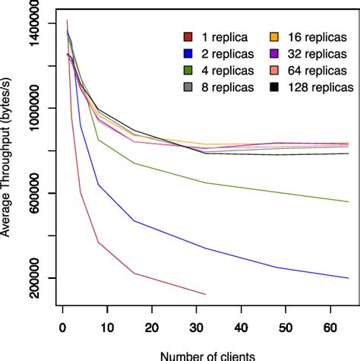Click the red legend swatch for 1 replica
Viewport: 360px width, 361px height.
point(188,37)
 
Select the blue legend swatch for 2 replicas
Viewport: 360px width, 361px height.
point(188,54)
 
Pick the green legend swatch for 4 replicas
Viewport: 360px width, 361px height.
point(188,71)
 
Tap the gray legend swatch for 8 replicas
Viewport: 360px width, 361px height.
point(188,87)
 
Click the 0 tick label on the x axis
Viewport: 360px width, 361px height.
point(62,328)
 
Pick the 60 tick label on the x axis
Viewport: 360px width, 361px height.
point(330,328)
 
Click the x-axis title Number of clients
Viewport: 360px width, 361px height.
point(202,355)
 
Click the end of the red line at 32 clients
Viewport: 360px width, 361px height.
point(205,294)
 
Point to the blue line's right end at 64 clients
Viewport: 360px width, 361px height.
point(348,278)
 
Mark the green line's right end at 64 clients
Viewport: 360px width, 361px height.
point(348,201)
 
